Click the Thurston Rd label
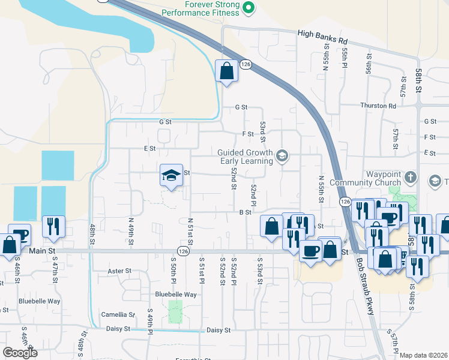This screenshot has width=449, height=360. pos(378,106)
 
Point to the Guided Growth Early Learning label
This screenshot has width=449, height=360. pos(245,157)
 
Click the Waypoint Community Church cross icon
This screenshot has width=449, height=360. pos(411,177)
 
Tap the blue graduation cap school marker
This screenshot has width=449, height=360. pos(171,176)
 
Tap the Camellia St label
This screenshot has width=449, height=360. pos(118,314)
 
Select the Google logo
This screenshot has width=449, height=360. pos(20,353)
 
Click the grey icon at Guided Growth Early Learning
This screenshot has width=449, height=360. pos(281,157)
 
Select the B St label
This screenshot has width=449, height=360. pos(244,212)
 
